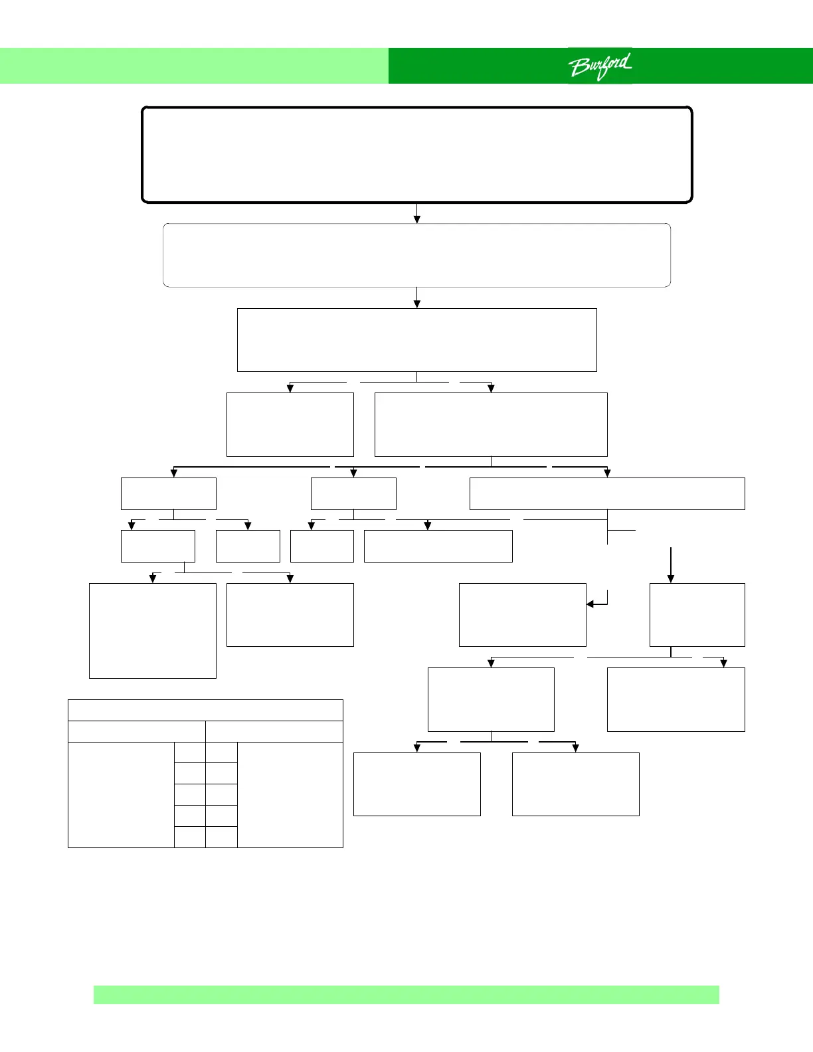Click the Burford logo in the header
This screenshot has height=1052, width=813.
click(600, 66)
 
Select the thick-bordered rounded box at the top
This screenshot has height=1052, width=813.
click(417, 154)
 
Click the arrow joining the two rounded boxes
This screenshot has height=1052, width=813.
click(417, 213)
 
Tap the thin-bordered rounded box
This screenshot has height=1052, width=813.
click(417, 255)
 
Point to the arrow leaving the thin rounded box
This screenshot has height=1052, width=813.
click(417, 298)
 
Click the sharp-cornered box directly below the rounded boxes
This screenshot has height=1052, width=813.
click(417, 339)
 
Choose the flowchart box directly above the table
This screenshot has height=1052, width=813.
click(153, 630)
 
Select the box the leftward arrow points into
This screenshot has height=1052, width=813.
click(523, 614)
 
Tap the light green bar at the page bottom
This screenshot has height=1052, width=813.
click(406, 994)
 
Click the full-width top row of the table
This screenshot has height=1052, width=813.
click(205, 710)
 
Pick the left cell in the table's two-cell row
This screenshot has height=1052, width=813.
click(137, 731)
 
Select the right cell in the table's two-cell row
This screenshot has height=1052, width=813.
click(274, 731)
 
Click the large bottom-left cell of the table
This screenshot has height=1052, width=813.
click(121, 794)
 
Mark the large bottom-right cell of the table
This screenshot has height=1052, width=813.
click(290, 794)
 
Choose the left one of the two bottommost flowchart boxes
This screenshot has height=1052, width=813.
click(417, 784)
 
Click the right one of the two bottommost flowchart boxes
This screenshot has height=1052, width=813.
click(576, 784)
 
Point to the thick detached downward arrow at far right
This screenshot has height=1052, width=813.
click(671, 565)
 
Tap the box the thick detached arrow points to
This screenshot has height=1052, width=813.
click(697, 614)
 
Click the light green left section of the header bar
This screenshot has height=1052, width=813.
click(194, 66)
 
